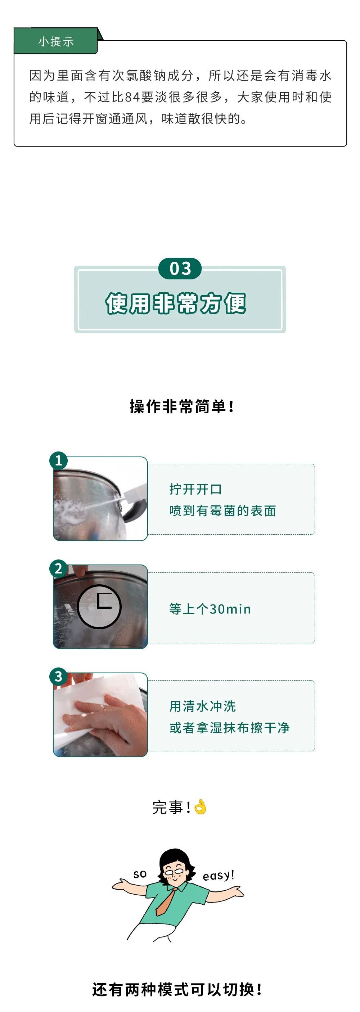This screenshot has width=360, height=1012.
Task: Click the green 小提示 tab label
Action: tap(55, 41)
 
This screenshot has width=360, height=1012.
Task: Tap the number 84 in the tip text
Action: tap(132, 96)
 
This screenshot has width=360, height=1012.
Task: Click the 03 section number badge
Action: tap(180, 269)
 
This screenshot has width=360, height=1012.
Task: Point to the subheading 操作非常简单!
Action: tap(182, 406)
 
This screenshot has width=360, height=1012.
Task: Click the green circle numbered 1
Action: tap(59, 460)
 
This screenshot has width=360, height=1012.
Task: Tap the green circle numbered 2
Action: tap(59, 568)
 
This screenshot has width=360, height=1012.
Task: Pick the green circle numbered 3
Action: tap(59, 676)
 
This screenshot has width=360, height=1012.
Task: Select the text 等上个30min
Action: tap(210, 609)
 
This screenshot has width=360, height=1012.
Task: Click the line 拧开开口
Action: tap(196, 489)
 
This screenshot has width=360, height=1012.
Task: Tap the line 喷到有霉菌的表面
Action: tap(222, 511)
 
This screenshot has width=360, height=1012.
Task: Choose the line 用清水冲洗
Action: tap(202, 706)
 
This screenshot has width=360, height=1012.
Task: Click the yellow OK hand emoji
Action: tap(200, 806)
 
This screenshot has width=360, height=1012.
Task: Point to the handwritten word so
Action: tap(140, 874)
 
